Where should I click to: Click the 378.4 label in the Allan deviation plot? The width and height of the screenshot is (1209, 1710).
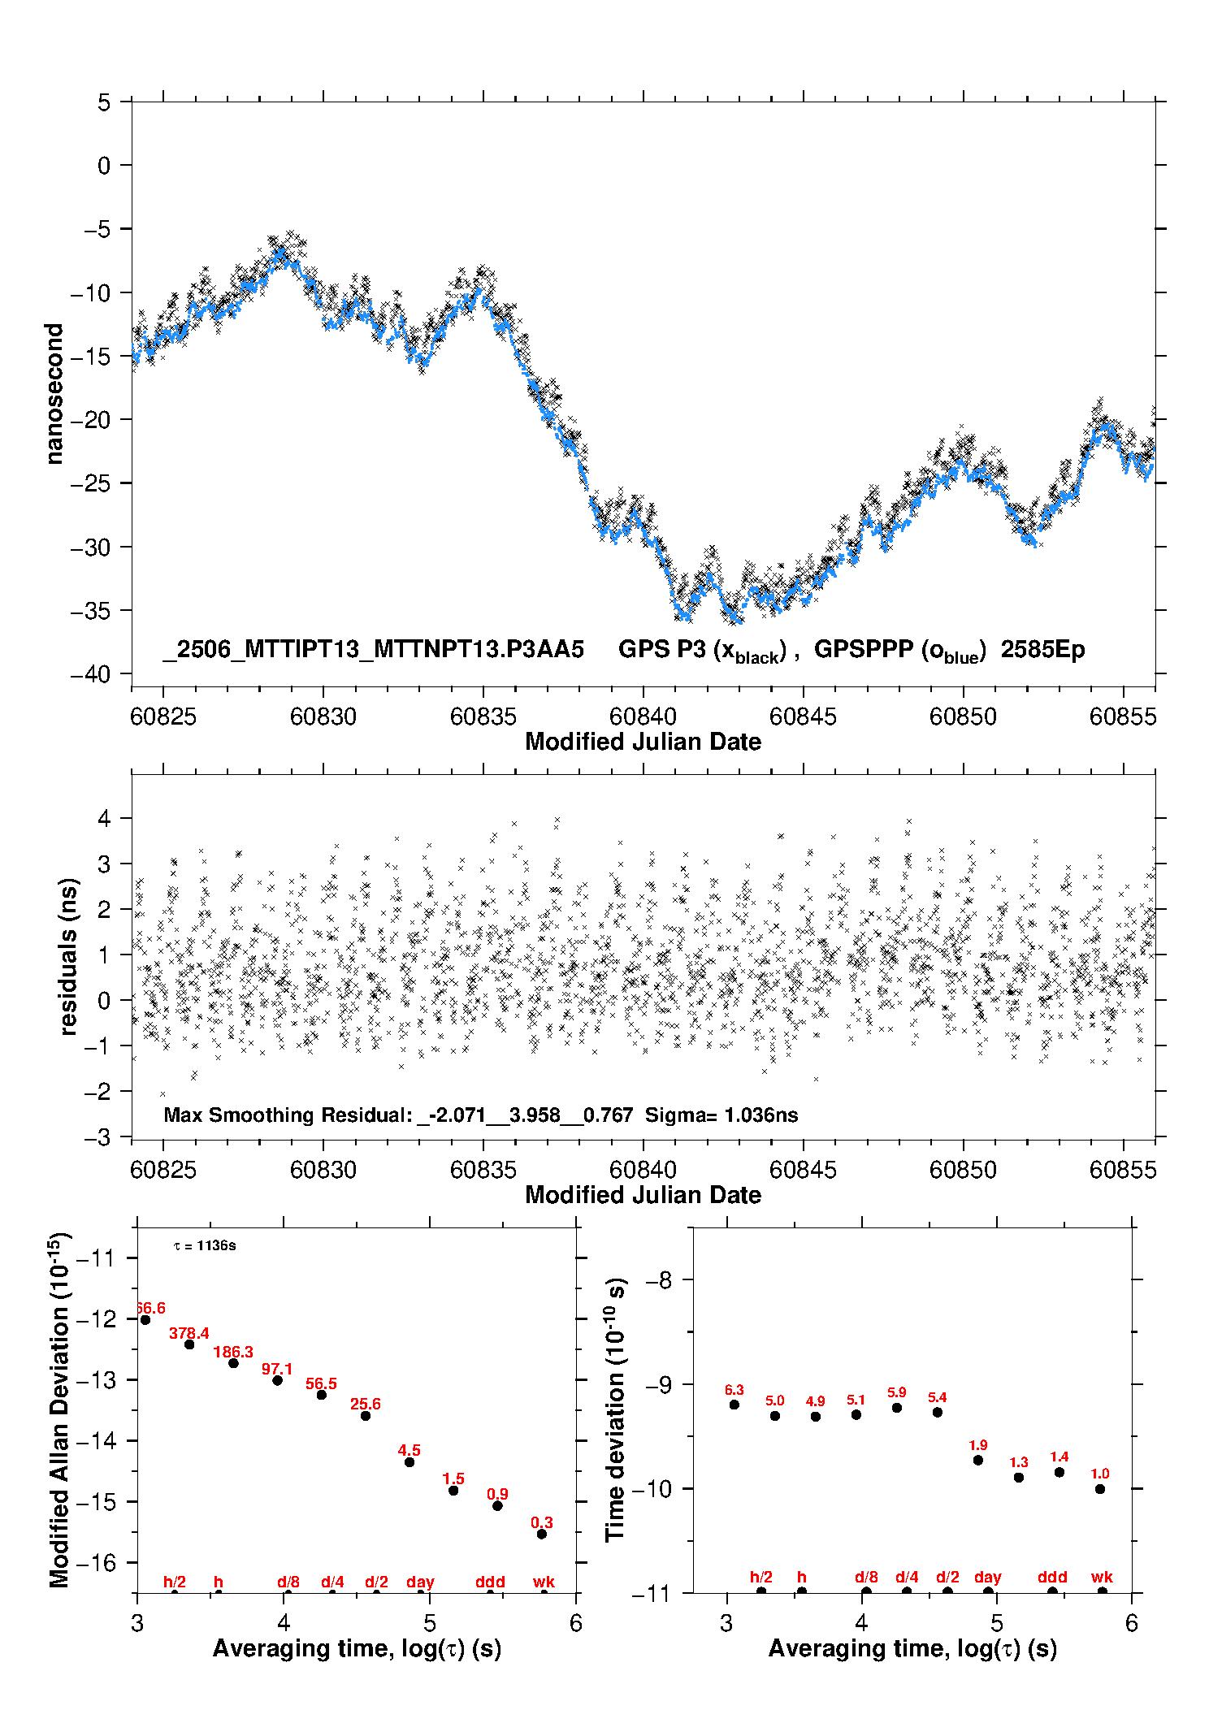coord(189,1333)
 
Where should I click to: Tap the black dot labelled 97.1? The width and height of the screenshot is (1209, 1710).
coord(277,1380)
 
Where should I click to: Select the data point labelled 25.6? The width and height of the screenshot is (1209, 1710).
coord(366,1416)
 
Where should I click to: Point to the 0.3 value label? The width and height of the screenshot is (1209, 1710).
coord(542,1522)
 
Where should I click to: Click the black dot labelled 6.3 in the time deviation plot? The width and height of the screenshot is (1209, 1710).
coord(734,1405)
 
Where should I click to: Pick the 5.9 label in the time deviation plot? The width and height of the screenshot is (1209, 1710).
coord(897,1392)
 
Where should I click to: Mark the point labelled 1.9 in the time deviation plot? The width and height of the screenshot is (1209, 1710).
coord(978,1460)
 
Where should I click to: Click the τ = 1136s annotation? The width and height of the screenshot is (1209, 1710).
coord(205,1245)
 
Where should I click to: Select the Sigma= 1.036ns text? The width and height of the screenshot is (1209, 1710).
coord(721,1115)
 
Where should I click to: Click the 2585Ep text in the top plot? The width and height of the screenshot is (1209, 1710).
coord(1042,649)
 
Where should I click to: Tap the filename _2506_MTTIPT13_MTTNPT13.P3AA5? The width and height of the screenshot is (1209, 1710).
coord(373,650)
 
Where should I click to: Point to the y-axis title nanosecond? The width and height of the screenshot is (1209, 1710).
coord(54,394)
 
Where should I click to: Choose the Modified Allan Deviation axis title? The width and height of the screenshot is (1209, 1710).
coord(58,1410)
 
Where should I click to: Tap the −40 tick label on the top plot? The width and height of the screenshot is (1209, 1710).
coord(90,674)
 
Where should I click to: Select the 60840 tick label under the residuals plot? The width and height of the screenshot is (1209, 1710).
coord(643,1170)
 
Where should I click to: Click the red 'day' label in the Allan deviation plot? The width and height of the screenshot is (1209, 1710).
coord(420,1582)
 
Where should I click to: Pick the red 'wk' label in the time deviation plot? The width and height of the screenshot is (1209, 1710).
coord(1102,1577)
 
